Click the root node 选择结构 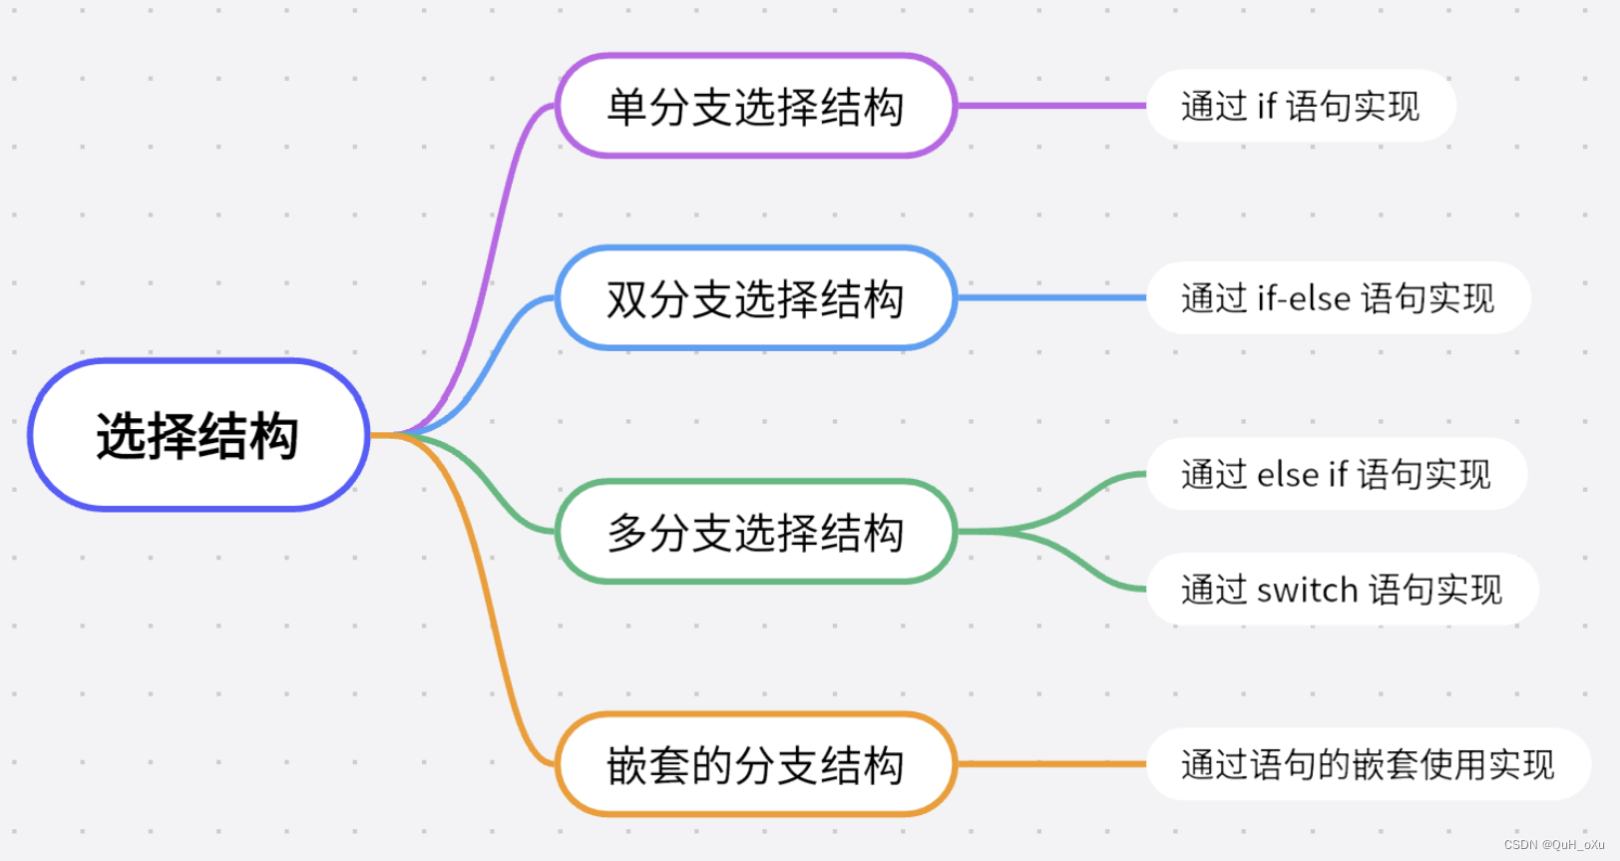[199, 435]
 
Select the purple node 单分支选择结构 [755, 106]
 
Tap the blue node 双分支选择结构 [755, 298]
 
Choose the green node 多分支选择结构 [755, 532]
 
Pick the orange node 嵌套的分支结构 [755, 765]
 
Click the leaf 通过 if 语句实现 [1300, 106]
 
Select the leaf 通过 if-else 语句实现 [1338, 298]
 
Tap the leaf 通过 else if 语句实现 [1336, 474]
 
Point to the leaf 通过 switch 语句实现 [1342, 590]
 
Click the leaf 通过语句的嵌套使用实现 [1368, 765]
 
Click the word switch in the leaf [1307, 591]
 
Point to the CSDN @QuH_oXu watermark [1553, 845]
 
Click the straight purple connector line [1051, 105]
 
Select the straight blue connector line [1051, 297]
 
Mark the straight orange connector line [1051, 764]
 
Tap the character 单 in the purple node [626, 107]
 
